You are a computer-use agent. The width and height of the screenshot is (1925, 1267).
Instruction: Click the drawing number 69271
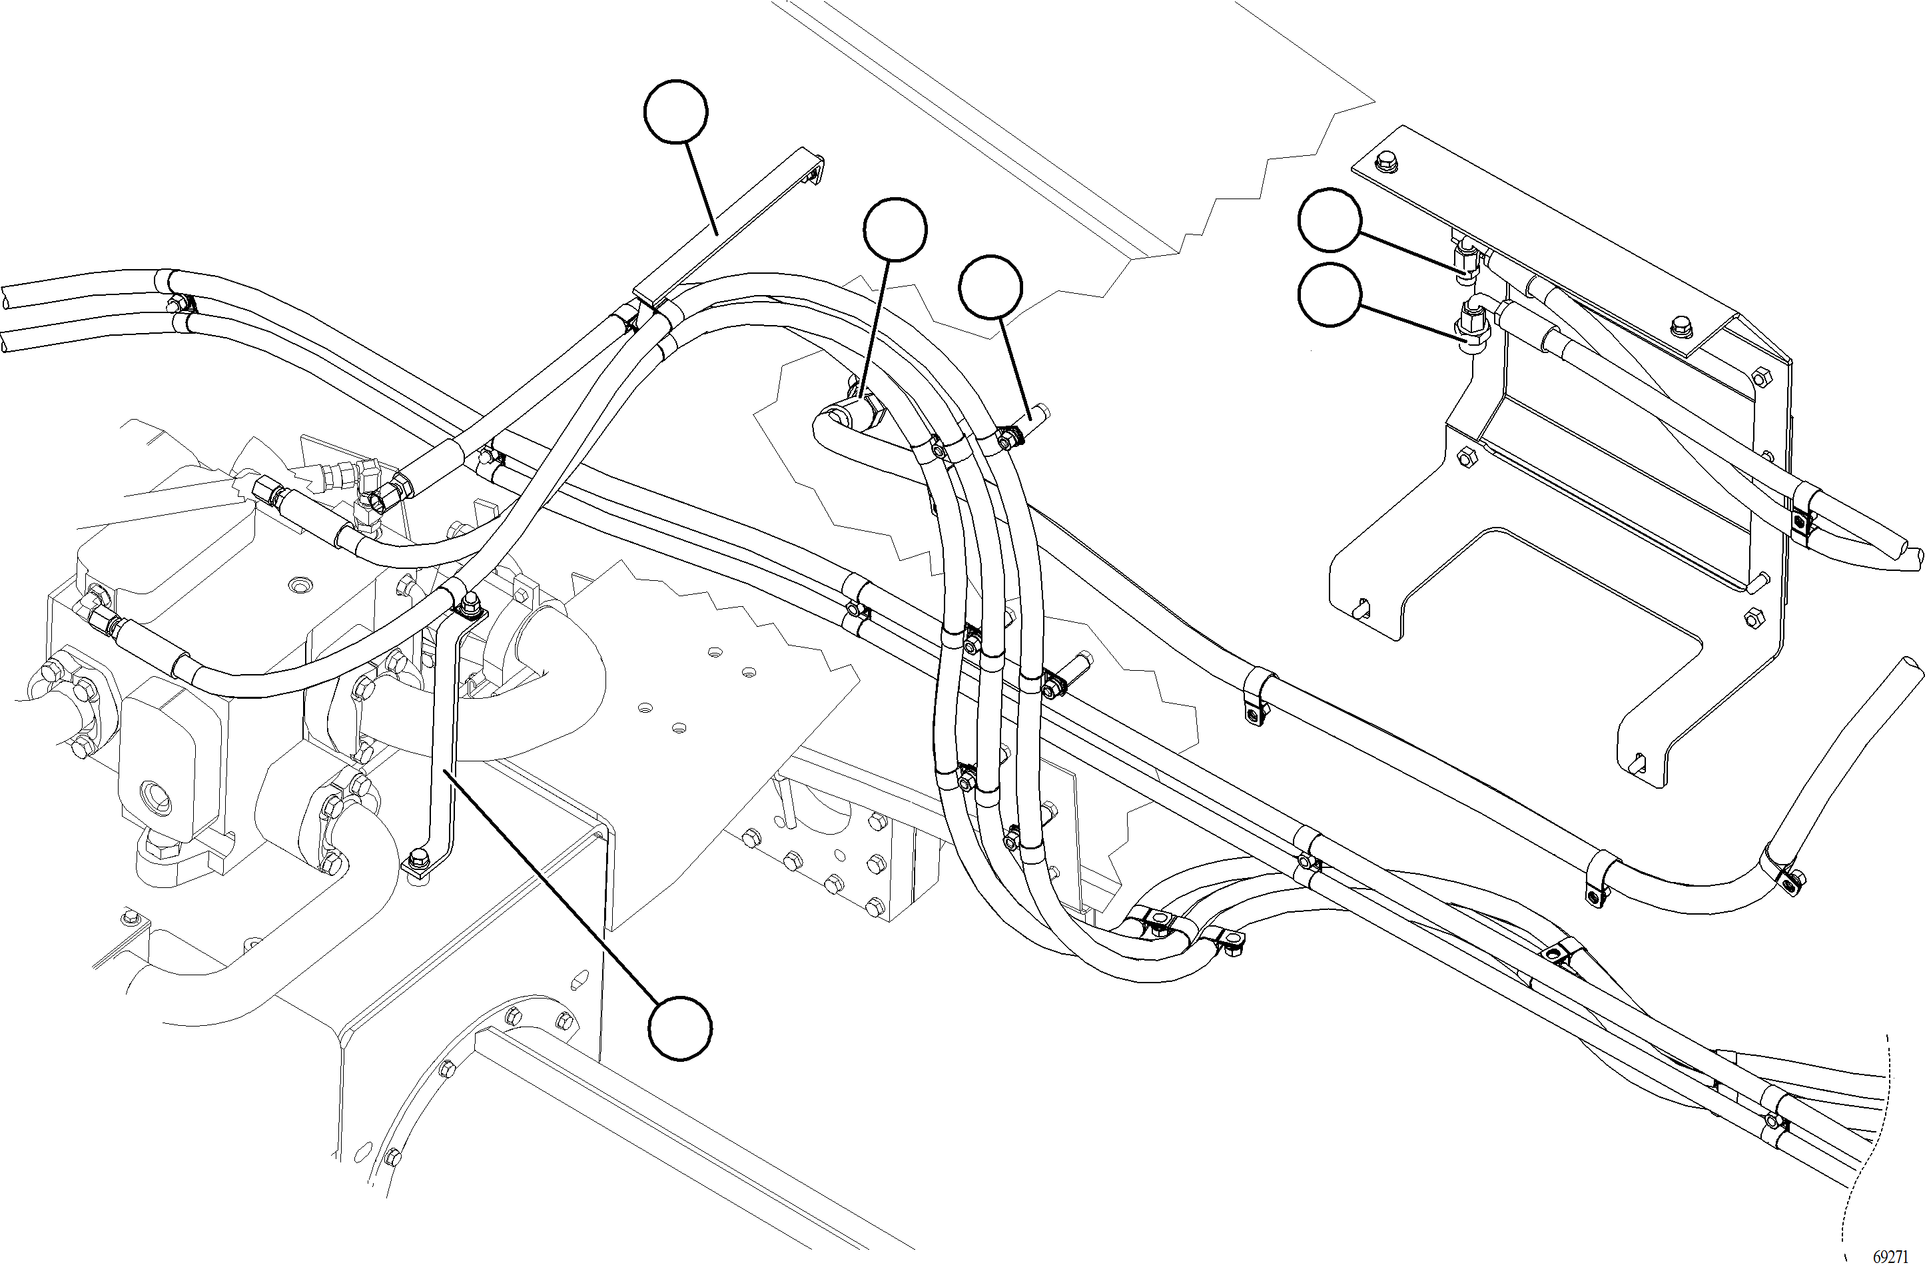[1890, 1256]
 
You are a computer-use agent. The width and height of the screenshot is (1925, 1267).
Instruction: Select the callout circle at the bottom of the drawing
[680, 1029]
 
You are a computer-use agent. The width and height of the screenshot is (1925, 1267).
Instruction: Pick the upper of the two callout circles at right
[1330, 220]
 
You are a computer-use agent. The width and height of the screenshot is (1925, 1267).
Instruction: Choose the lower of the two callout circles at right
[1330, 295]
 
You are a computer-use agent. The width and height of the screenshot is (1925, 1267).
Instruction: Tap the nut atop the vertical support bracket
[468, 601]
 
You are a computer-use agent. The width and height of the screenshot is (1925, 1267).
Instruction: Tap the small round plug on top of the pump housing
[303, 584]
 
